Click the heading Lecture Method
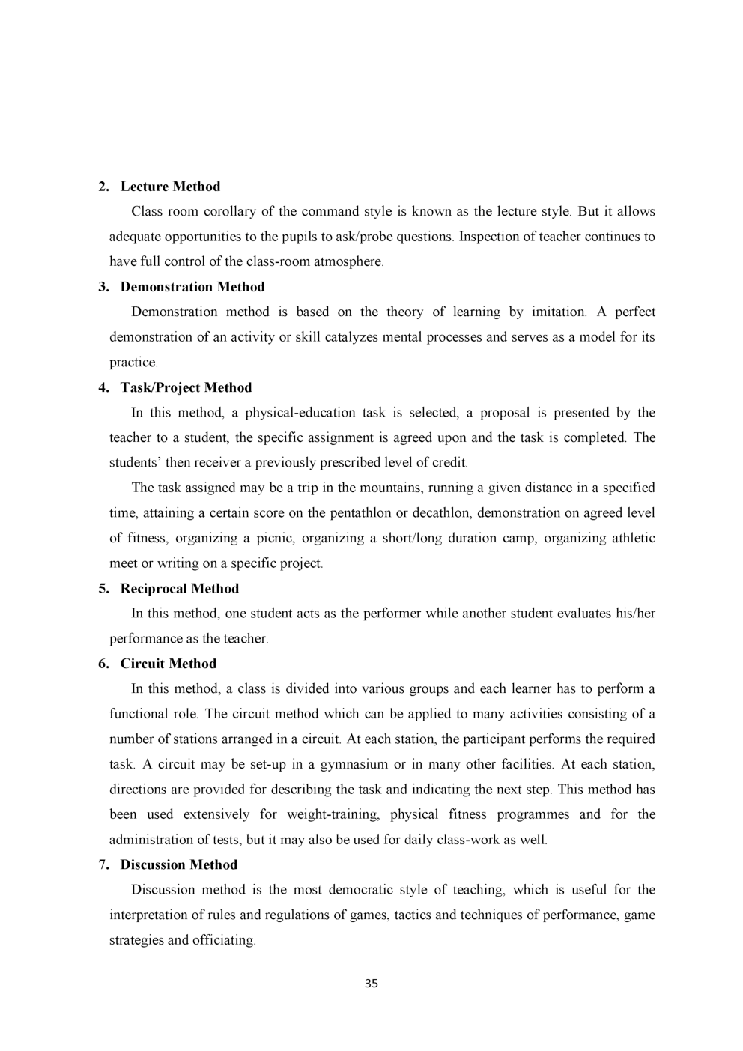[x=170, y=187]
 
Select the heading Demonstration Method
[x=192, y=287]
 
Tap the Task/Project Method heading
[x=186, y=387]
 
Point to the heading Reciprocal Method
[x=179, y=588]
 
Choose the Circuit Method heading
[x=168, y=664]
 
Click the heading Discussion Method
[x=178, y=864]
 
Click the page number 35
[x=371, y=984]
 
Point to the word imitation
[x=559, y=312]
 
